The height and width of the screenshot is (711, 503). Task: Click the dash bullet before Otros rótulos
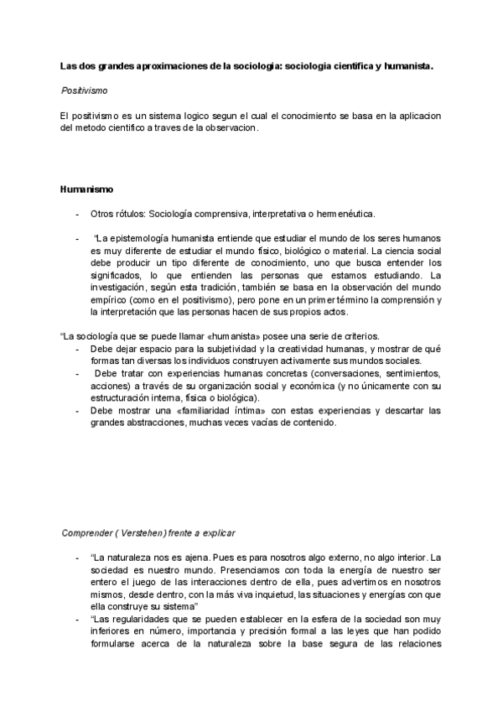tap(78, 214)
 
